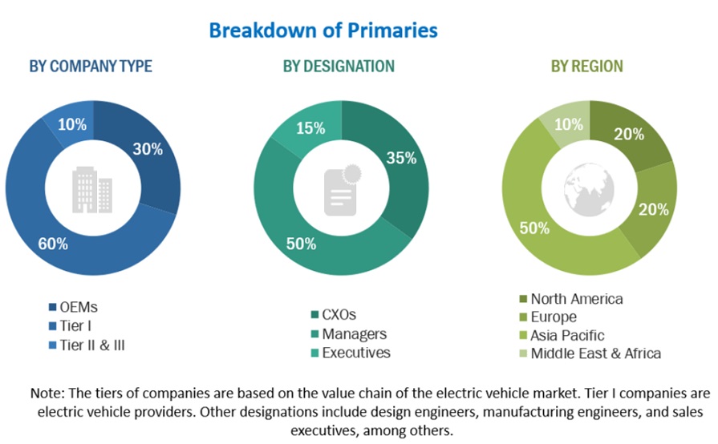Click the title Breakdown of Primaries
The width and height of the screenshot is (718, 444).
click(323, 30)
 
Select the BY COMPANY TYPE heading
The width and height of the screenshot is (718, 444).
click(91, 66)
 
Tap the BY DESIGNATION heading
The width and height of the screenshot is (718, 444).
click(339, 66)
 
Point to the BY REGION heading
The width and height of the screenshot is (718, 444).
click(586, 66)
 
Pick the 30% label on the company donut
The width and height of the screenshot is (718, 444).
click(148, 148)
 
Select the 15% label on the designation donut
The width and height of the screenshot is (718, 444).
click(310, 127)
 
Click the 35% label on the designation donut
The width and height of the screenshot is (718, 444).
click(401, 158)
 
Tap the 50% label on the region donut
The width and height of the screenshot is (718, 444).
click(533, 228)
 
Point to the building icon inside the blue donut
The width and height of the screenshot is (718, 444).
click(92, 189)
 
